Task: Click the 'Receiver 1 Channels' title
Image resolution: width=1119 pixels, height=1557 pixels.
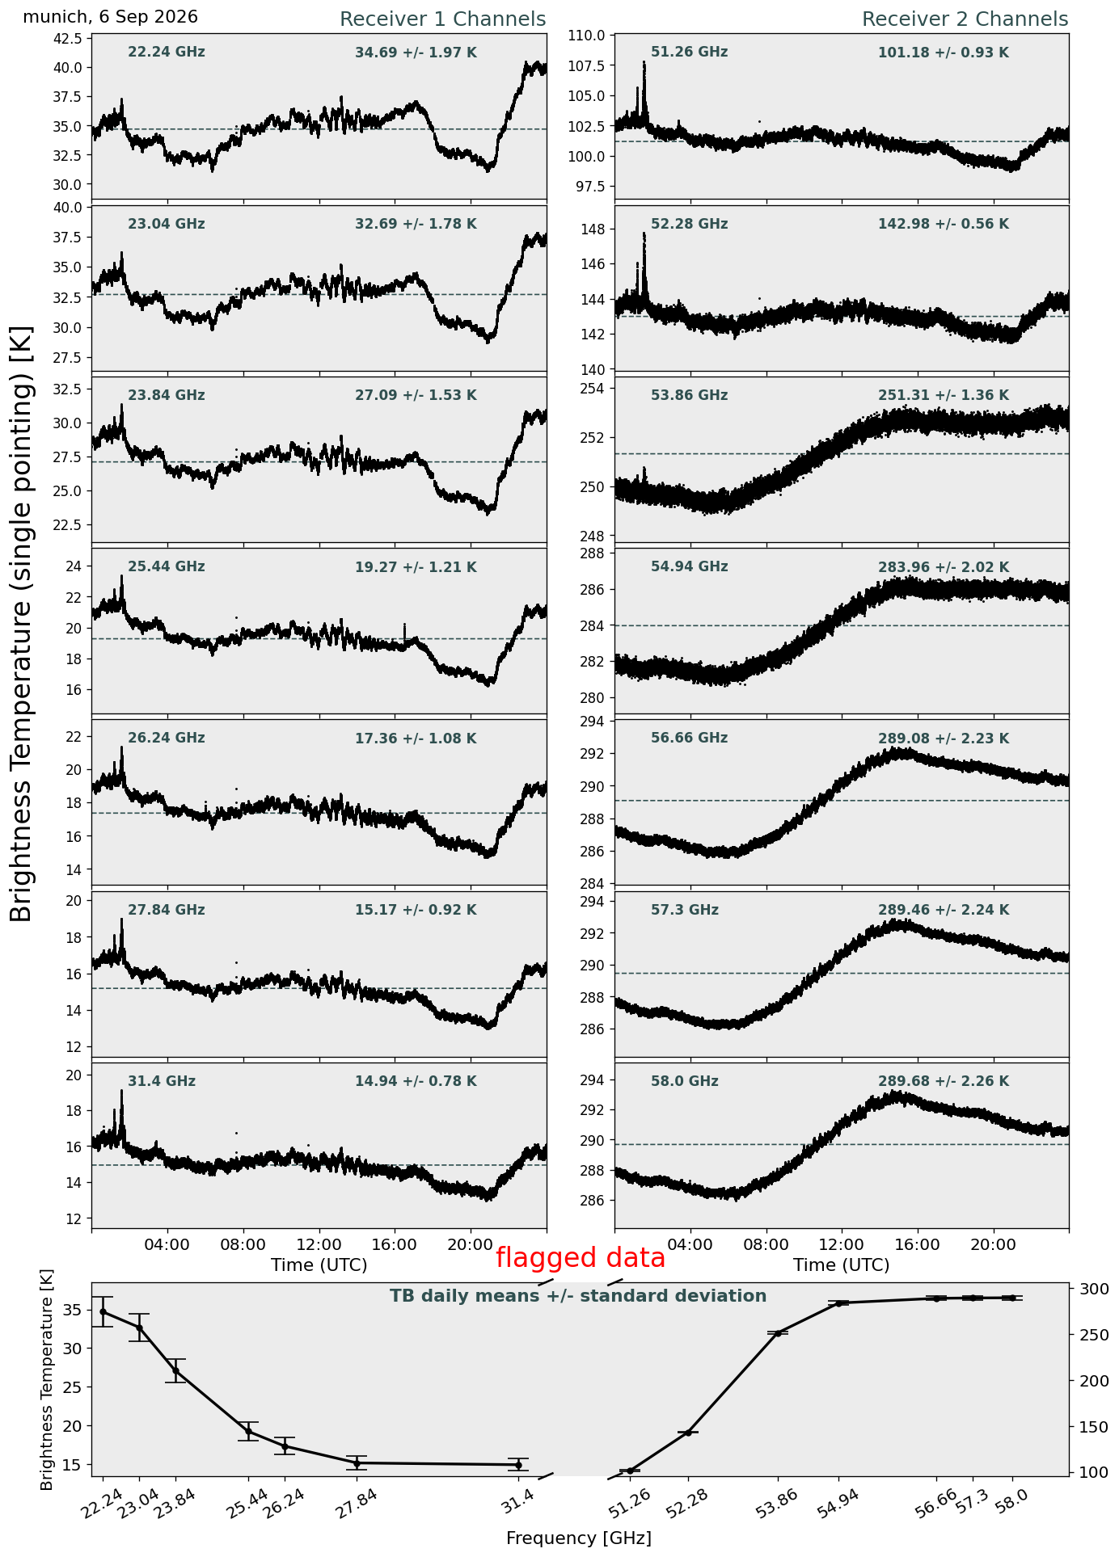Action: pyautogui.click(x=442, y=19)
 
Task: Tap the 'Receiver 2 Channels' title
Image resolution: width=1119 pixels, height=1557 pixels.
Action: pyautogui.click(x=965, y=19)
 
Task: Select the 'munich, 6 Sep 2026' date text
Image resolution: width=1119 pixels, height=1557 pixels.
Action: pyautogui.click(x=110, y=17)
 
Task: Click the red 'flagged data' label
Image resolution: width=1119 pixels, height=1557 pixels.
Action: pyautogui.click(x=581, y=1258)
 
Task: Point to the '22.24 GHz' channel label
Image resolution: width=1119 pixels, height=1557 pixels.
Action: pyautogui.click(x=167, y=53)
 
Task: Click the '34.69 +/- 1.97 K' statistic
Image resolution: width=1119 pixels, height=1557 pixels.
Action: pyautogui.click(x=416, y=53)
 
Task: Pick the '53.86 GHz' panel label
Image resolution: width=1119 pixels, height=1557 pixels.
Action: pyautogui.click(x=689, y=396)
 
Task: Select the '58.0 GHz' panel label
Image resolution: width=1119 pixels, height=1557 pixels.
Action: pyautogui.click(x=684, y=1081)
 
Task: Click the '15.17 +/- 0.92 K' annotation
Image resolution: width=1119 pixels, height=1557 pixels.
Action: pyautogui.click(x=416, y=911)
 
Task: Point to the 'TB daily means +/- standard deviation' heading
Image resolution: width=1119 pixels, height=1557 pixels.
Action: pyautogui.click(x=578, y=1296)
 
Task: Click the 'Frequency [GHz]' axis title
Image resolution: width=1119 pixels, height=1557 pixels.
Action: pyautogui.click(x=579, y=1538)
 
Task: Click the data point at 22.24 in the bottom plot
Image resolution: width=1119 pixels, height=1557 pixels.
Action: pyautogui.click(x=103, y=1311)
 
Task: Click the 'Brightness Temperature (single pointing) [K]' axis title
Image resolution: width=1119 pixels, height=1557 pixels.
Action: pyautogui.click(x=21, y=623)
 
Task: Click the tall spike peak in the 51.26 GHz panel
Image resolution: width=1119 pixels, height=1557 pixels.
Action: pyautogui.click(x=644, y=62)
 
